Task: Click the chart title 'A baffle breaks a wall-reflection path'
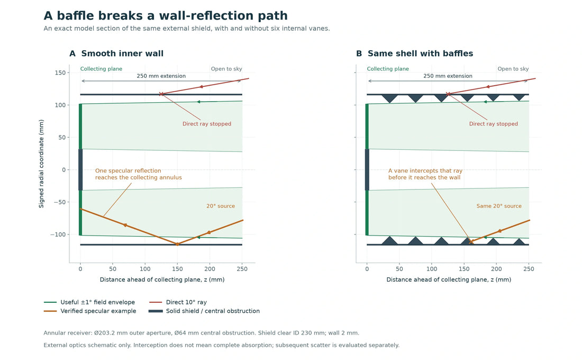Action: [x=166, y=15]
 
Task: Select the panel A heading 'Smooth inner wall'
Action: [x=122, y=53]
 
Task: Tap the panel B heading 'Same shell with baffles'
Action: [x=420, y=53]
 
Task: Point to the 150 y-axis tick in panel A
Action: [x=60, y=73]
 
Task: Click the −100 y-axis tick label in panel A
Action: [x=58, y=235]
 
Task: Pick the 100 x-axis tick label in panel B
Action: [x=432, y=269]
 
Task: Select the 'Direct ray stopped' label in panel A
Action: [x=207, y=124]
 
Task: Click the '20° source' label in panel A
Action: [x=221, y=206]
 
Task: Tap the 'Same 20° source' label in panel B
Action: [x=499, y=206]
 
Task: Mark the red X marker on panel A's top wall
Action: [x=161, y=94]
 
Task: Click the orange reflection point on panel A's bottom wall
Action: [x=177, y=244]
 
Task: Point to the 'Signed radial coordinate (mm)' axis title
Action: [x=41, y=164]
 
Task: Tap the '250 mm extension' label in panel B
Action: [x=448, y=76]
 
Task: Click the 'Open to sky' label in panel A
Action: [x=226, y=69]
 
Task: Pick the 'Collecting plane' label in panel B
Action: [x=388, y=69]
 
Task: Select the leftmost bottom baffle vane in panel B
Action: [x=390, y=240]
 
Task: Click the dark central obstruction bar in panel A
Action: [x=80, y=169]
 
